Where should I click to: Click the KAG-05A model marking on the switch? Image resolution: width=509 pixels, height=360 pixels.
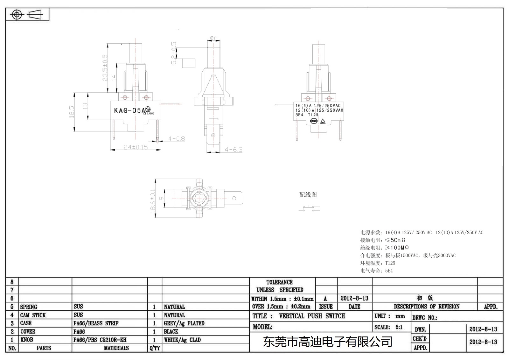(x=129, y=110)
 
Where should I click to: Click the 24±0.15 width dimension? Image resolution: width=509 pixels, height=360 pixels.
(x=136, y=147)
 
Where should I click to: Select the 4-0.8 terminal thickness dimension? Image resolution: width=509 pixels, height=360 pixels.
(x=177, y=138)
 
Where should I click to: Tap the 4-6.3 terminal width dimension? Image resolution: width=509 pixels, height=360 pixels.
(x=234, y=149)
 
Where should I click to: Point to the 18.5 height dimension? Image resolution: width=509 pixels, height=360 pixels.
(x=72, y=112)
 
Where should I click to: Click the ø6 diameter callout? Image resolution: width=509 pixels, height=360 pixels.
(x=213, y=38)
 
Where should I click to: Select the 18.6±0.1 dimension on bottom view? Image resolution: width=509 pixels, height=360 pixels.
(x=153, y=200)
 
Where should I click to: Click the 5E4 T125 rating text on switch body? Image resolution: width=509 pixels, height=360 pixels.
(x=307, y=115)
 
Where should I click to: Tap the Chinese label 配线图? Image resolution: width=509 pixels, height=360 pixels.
(x=308, y=194)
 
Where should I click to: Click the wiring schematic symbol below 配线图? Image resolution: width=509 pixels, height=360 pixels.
(x=309, y=208)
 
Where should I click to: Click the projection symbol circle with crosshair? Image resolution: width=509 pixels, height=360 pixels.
(x=17, y=15)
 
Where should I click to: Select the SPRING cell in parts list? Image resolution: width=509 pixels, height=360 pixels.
(x=29, y=307)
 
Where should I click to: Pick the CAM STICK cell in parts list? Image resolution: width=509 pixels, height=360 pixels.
(x=33, y=315)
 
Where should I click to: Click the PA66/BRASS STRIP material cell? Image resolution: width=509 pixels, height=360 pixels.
(x=96, y=323)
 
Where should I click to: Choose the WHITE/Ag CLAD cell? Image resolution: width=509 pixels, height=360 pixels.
(x=182, y=340)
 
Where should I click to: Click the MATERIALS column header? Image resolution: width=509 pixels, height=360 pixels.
(x=116, y=348)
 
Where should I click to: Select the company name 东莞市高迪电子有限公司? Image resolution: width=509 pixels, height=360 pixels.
(x=327, y=342)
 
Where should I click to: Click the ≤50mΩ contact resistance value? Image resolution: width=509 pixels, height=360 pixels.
(x=395, y=240)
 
